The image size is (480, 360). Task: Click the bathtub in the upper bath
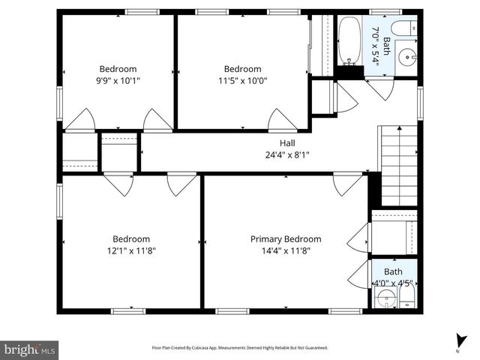349,43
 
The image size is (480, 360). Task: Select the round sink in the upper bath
405,55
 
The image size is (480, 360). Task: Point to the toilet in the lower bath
404,301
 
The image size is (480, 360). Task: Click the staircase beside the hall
398,165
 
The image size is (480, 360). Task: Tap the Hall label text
288,142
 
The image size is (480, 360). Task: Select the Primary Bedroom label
286,239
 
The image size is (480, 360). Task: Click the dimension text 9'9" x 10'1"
118,80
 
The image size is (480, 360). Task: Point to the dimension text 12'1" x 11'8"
130,251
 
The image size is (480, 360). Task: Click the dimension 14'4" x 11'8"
286,251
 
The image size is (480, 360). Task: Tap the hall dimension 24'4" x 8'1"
288,154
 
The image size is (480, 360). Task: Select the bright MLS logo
30,349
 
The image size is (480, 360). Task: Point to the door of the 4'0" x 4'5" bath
358,274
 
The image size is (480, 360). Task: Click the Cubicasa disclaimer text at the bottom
240,348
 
